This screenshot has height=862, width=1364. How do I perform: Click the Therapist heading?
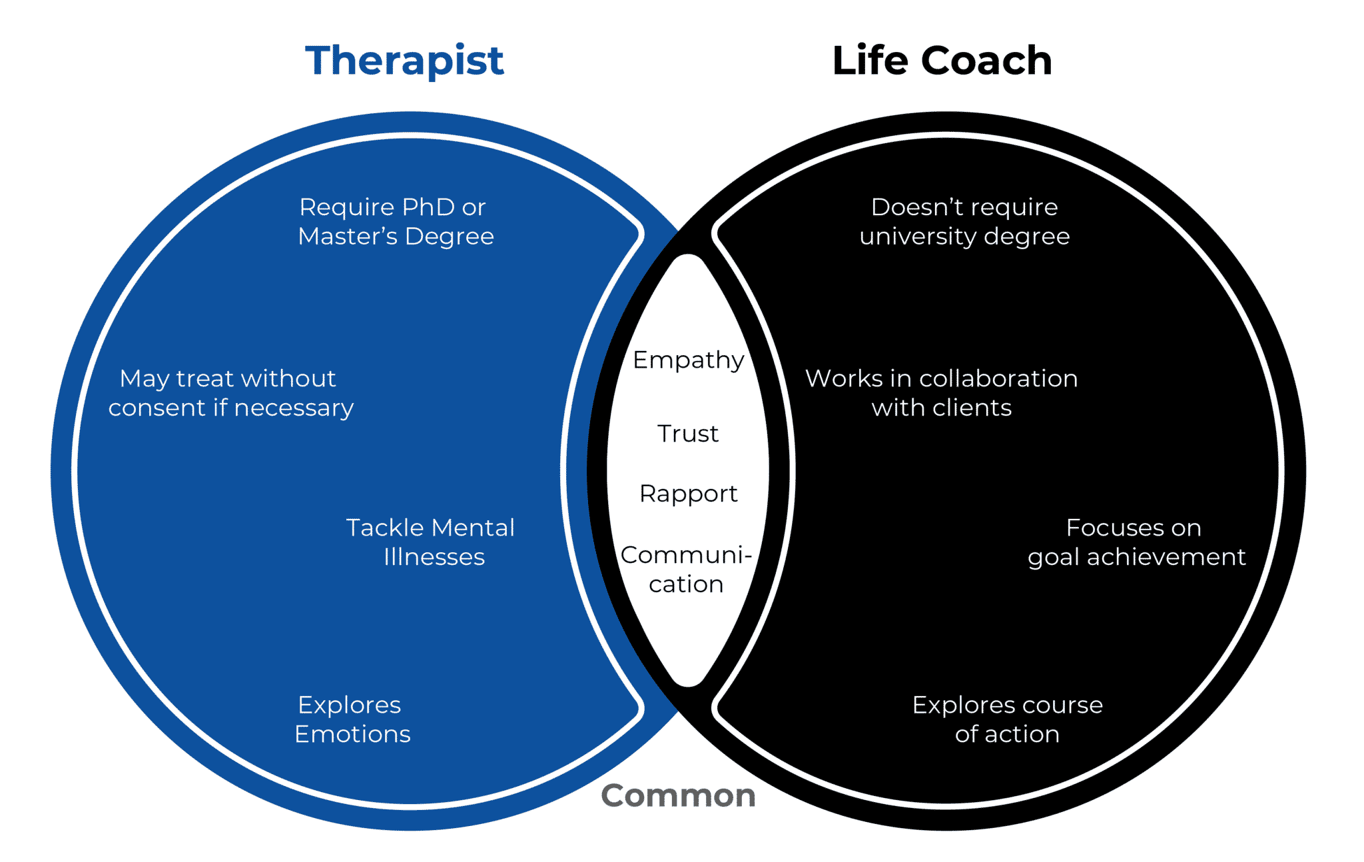pos(404,61)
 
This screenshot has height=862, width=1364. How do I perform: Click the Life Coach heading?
pos(942,61)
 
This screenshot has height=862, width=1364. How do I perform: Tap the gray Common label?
pos(678,795)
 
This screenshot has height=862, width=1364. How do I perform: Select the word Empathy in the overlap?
pos(688,360)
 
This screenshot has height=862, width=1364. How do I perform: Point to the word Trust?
pos(688,434)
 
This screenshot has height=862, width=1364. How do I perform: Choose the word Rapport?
pos(688,494)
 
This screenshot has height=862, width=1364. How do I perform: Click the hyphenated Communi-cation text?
pos(686,570)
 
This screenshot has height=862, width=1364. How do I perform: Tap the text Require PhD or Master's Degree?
pos(395,221)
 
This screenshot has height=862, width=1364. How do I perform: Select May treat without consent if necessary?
pos(230,393)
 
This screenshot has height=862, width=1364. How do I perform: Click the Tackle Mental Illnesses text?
pos(432,542)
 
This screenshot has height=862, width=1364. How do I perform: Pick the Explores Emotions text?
pos(352,719)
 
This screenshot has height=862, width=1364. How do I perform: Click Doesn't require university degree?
pos(964,221)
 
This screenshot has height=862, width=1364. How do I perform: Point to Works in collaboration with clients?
pos(941,393)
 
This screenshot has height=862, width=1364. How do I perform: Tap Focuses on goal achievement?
pos(1136,542)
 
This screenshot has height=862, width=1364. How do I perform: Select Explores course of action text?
pos(1007,719)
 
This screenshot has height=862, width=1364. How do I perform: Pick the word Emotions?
pos(352,734)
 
